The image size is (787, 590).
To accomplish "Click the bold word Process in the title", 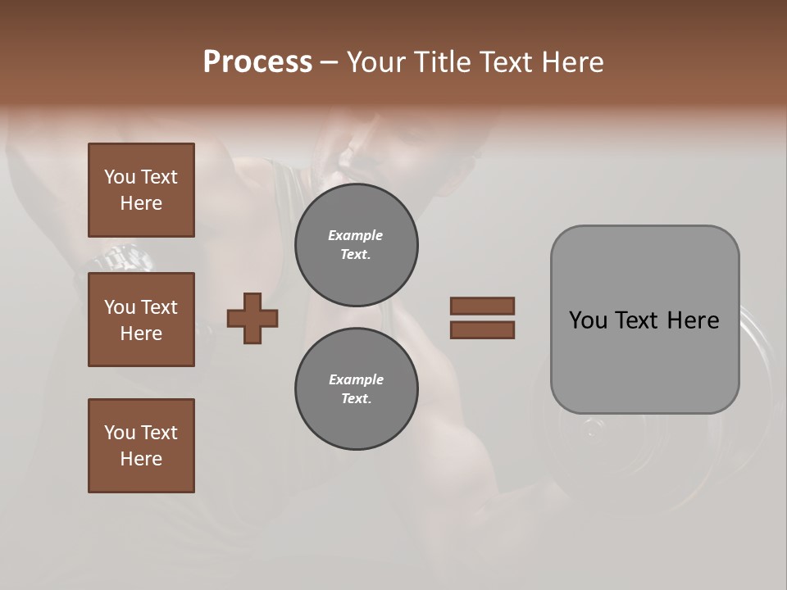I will (x=257, y=62).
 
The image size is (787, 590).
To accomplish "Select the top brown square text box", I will (x=141, y=190).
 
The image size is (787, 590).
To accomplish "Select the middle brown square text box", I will (x=141, y=320).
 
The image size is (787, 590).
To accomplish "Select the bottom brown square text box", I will (x=141, y=446).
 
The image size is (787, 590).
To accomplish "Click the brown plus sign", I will (x=252, y=318).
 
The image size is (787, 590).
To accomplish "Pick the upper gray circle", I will (x=356, y=245).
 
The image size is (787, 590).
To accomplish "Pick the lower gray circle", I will (x=356, y=389).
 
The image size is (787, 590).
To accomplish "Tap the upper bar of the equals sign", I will (x=482, y=306).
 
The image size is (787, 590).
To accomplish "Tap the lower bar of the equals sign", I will (x=482, y=330).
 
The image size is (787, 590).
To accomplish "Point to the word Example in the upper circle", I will (x=356, y=235).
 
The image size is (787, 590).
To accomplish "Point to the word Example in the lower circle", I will (x=356, y=379).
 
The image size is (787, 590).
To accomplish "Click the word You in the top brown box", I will (x=119, y=177).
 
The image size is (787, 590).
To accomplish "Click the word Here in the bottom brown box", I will (x=141, y=459).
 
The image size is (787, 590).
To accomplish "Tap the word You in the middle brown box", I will (x=119, y=307).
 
